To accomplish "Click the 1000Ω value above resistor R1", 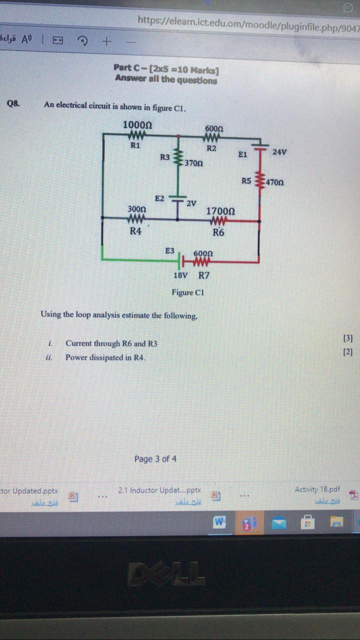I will pos(137,124).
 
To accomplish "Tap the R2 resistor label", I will pos(211,148).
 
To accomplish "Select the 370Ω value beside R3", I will pos(193,163).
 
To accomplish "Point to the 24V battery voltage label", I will pos(279,151).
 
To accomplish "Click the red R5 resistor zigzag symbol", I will pos(259,180).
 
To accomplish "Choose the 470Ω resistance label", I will pos(274,182).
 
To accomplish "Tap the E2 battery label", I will pos(159,198).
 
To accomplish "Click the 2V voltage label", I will pos(191,203).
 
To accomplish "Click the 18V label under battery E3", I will pos(180,275).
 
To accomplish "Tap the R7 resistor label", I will pos(204,275).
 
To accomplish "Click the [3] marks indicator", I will pos(348,338).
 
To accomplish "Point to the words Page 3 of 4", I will pos(155,458).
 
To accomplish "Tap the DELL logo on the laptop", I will pos(166,573).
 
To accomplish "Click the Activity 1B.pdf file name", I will pos(317,489).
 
